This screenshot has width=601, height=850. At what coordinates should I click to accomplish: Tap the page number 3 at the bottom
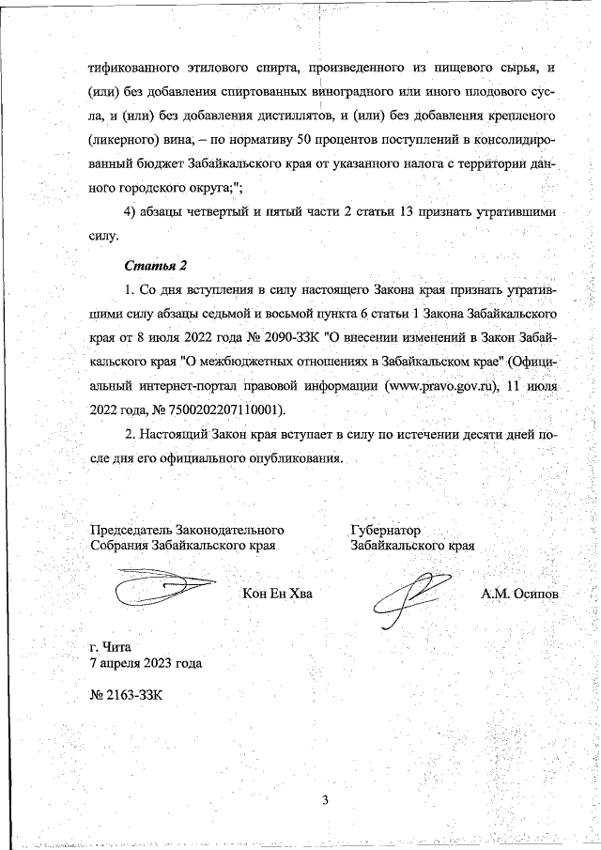click(x=325, y=800)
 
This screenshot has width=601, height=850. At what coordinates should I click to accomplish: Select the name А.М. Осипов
click(x=518, y=594)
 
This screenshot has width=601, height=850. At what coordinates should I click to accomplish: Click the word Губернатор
click(x=385, y=529)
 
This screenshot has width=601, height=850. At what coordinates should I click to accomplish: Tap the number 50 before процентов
click(x=306, y=140)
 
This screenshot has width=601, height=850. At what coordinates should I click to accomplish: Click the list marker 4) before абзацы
click(x=132, y=213)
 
